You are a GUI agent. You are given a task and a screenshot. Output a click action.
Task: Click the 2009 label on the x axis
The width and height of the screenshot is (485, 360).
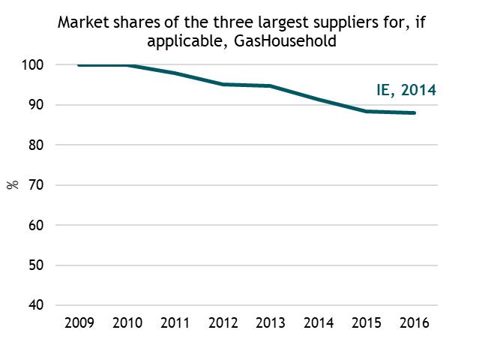79,323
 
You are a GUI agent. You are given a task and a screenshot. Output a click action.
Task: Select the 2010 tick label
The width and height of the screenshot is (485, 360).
127,323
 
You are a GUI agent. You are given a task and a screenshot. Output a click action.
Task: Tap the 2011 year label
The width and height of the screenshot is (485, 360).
175,323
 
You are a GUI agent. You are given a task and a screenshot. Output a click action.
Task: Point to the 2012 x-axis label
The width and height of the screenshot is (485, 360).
223,323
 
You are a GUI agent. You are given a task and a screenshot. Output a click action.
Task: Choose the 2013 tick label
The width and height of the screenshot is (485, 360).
271,323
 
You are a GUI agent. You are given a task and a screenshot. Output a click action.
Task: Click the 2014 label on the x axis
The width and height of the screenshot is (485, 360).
319,323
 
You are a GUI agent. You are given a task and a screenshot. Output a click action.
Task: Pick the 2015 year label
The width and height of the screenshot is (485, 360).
367,323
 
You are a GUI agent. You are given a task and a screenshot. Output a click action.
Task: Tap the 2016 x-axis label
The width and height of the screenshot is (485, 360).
415,323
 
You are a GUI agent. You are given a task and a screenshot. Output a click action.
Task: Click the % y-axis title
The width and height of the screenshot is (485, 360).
13,184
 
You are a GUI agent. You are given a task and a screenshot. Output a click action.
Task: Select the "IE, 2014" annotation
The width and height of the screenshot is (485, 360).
406,91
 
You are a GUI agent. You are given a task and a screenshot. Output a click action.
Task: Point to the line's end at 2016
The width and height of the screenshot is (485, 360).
415,113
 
